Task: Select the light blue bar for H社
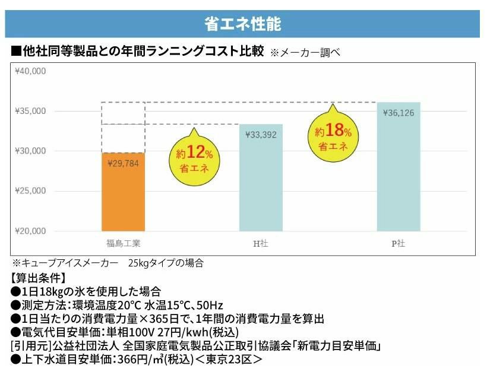pos(261,178)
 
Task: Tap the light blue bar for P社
pos(399,167)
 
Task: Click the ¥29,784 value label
pos(124,163)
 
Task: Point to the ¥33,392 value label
pos(261,135)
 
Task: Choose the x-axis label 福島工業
pos(124,243)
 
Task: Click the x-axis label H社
pos(261,243)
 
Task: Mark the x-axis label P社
pos(399,243)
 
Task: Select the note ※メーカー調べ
pos(305,53)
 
